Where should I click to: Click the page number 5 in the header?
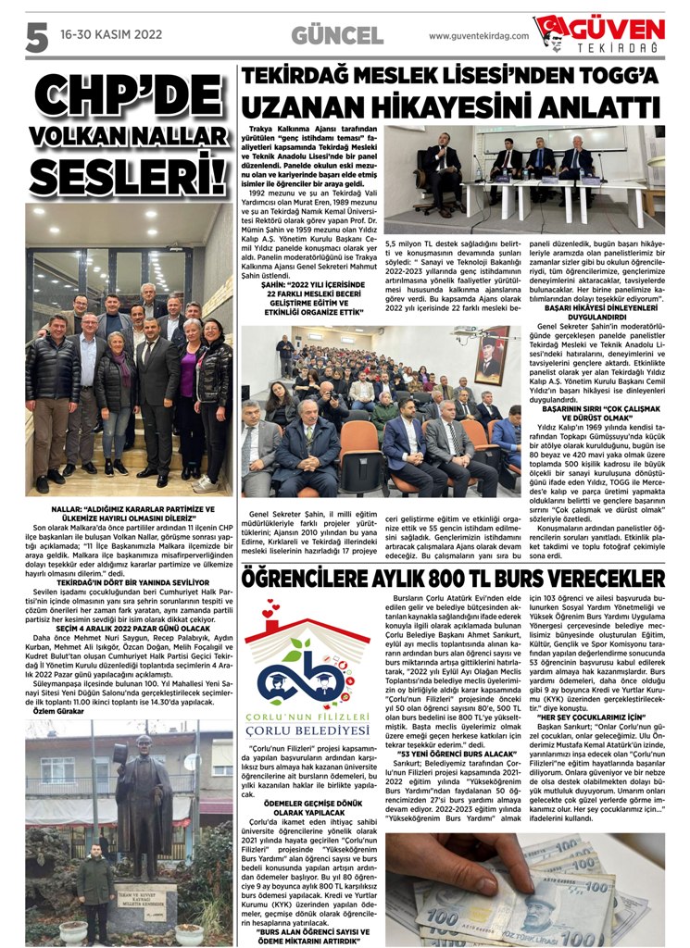tap(35, 35)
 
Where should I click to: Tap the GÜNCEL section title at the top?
tap(337, 35)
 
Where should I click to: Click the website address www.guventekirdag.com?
tap(479, 35)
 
